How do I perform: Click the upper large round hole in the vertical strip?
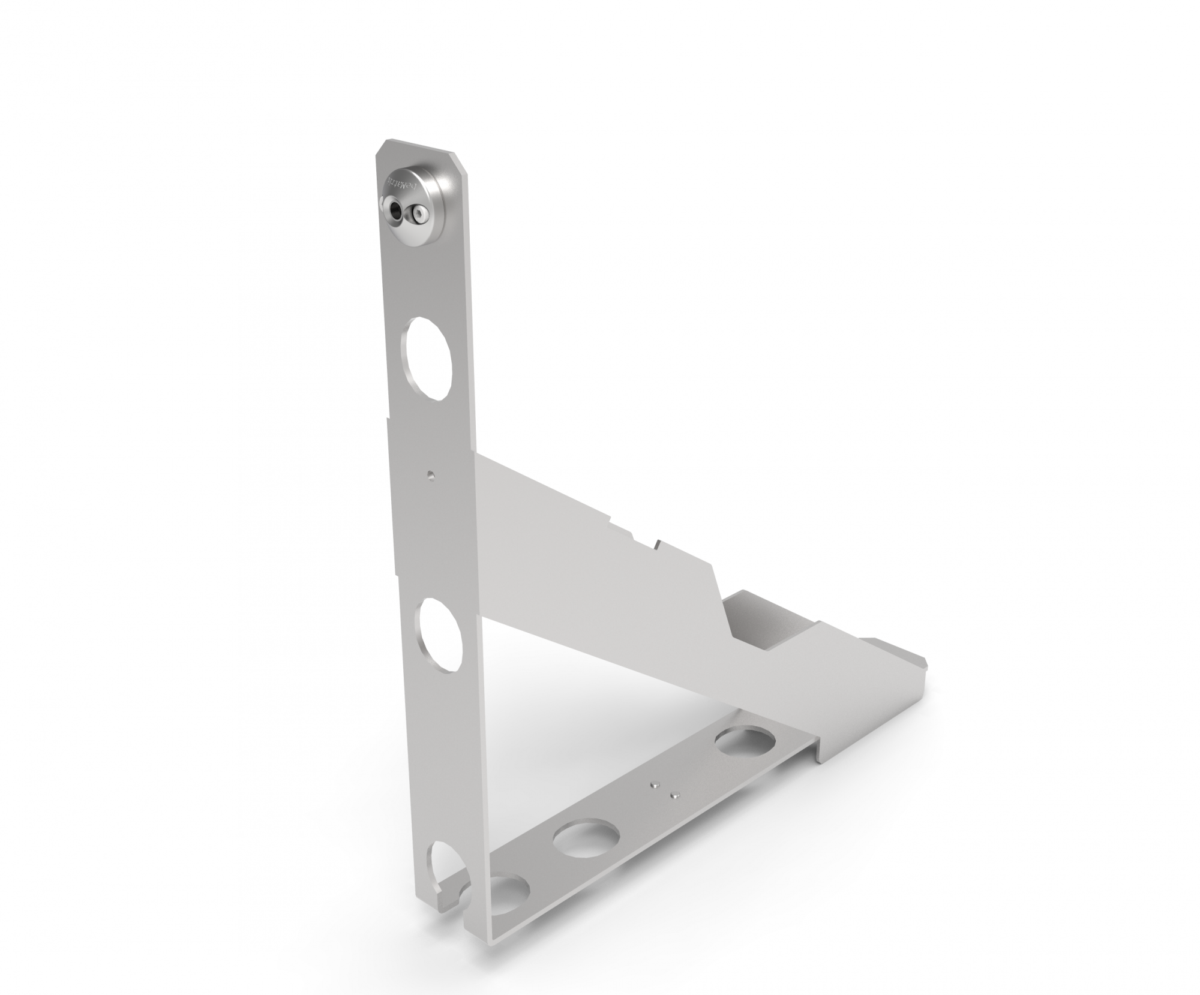(428, 357)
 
